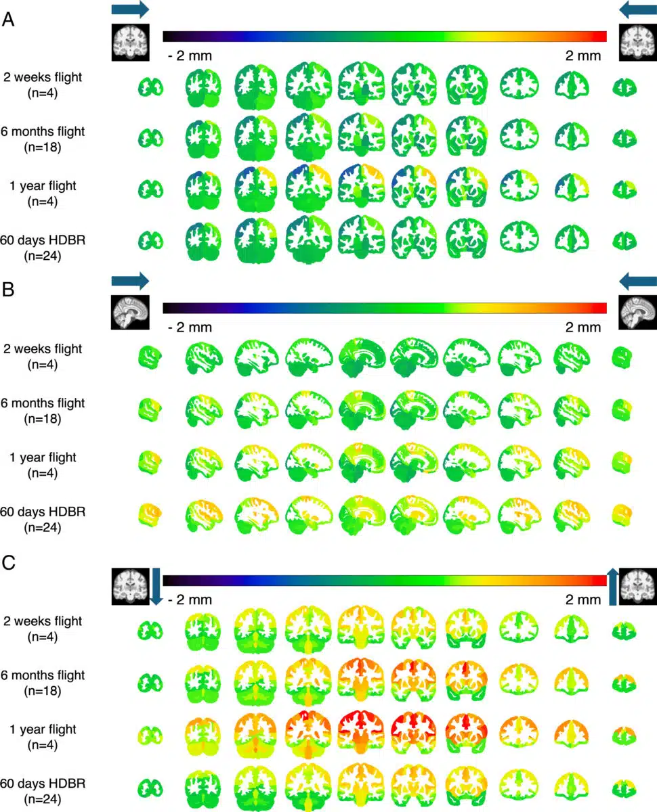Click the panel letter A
point(9,20)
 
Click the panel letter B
point(9,292)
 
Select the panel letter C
point(9,564)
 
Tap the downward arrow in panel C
point(154,586)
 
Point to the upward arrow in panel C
point(614,586)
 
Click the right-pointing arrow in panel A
point(129,9)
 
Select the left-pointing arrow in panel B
point(638,281)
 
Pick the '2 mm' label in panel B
point(582,328)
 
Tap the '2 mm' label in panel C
point(582,600)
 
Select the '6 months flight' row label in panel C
point(43,682)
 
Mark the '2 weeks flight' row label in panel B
point(43,356)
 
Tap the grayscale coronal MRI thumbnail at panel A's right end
point(637,42)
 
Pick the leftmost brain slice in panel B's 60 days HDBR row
point(150,518)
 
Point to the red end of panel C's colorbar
point(600,580)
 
